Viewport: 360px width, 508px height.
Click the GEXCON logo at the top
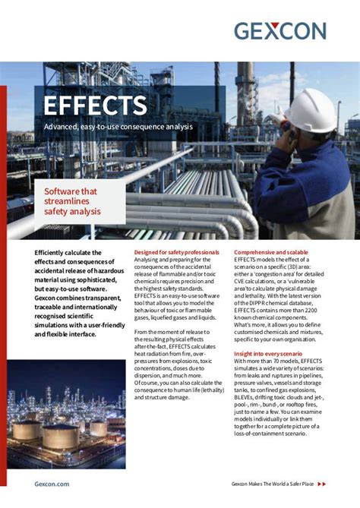click(x=279, y=31)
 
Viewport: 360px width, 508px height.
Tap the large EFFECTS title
click(x=95, y=106)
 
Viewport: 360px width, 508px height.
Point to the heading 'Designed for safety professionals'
click(x=177, y=252)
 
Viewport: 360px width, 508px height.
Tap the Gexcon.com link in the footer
click(x=52, y=483)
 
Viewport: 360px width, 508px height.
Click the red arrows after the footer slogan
click(x=321, y=483)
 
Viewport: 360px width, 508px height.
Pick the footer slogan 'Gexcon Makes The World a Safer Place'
click(x=271, y=483)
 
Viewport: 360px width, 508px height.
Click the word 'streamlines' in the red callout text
click(x=68, y=201)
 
